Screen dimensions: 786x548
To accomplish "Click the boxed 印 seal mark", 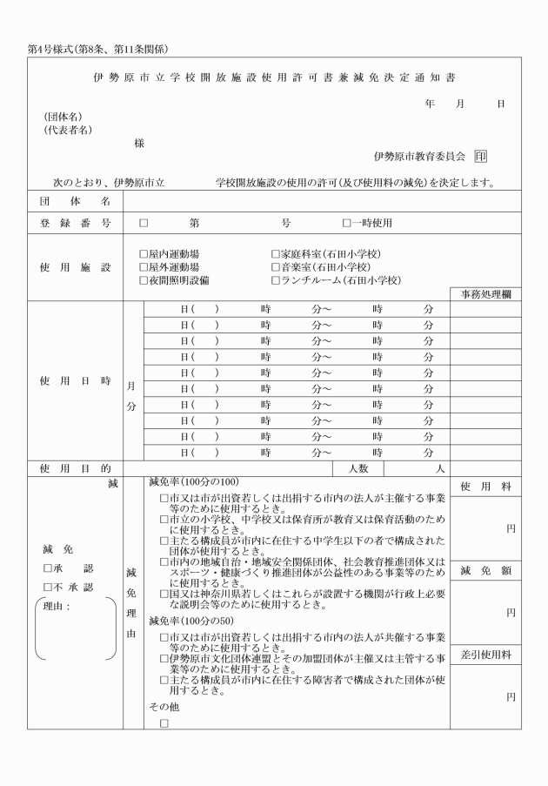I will pyautogui.click(x=481, y=157).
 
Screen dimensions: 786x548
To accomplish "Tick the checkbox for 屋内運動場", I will pyautogui.click(x=144, y=254).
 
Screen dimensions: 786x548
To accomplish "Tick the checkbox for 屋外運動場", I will pyautogui.click(x=144, y=267).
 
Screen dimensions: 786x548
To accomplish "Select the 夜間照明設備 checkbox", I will pyautogui.click(x=144, y=280).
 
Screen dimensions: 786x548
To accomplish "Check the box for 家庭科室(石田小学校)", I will pyautogui.click(x=276, y=254).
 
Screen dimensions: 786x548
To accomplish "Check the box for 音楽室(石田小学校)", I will pyautogui.click(x=276, y=267).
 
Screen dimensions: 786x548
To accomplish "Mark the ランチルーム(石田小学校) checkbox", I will pyautogui.click(x=276, y=280).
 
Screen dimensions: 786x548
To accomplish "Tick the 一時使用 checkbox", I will pyautogui.click(x=346, y=223).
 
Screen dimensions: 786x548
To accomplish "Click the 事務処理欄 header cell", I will pyautogui.click(x=485, y=294).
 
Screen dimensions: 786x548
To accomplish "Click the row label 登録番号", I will pyautogui.click(x=75, y=223).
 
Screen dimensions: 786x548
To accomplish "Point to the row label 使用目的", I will pyautogui.click(x=75, y=469).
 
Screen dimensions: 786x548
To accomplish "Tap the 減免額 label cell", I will pyautogui.click(x=485, y=570).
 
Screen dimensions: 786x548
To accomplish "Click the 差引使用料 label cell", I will pyautogui.click(x=485, y=654).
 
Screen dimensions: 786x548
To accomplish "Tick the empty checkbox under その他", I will pyautogui.click(x=164, y=722).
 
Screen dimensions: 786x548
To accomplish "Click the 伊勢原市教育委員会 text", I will pyautogui.click(x=419, y=157).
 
